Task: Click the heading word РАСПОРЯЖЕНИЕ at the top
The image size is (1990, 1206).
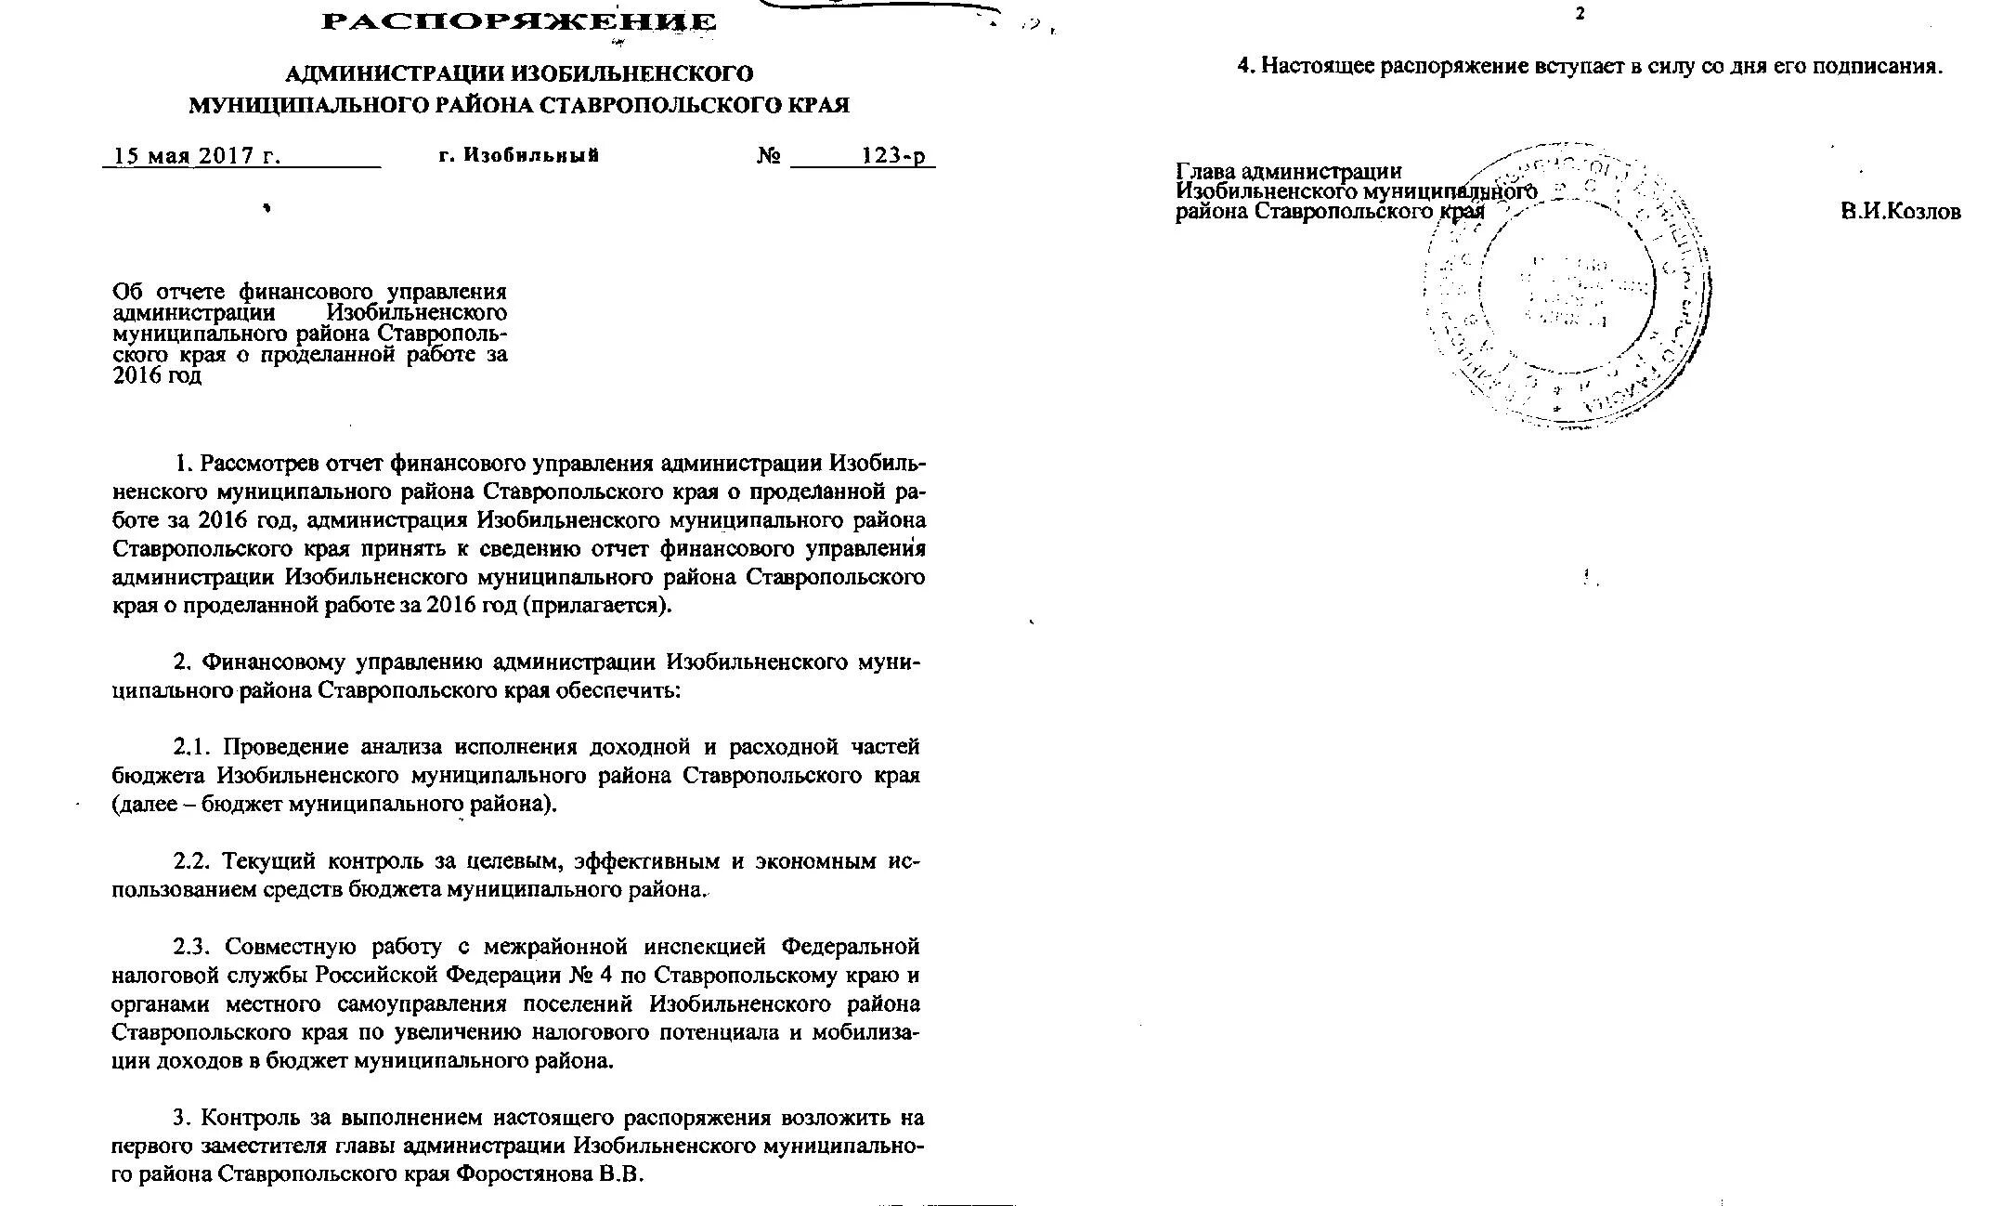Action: pyautogui.click(x=518, y=22)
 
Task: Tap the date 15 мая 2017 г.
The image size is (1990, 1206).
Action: pyautogui.click(x=196, y=155)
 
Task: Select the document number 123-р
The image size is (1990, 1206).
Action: pyautogui.click(x=892, y=155)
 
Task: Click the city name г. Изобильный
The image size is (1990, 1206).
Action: pyautogui.click(x=518, y=155)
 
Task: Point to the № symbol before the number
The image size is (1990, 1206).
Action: pyautogui.click(x=768, y=155)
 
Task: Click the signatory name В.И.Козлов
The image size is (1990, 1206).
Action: pyautogui.click(x=1901, y=212)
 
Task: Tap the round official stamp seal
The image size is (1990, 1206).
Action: pyautogui.click(x=1569, y=283)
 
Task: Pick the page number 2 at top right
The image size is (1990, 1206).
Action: pyautogui.click(x=1579, y=15)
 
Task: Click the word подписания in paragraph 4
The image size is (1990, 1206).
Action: pyautogui.click(x=1876, y=67)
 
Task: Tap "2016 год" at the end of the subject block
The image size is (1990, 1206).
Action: pyautogui.click(x=157, y=376)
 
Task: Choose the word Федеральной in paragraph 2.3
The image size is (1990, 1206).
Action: pyautogui.click(x=851, y=947)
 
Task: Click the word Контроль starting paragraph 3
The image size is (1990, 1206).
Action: pyautogui.click(x=251, y=1117)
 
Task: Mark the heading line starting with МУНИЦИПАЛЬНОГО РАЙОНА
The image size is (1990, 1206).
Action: pyautogui.click(x=518, y=105)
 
